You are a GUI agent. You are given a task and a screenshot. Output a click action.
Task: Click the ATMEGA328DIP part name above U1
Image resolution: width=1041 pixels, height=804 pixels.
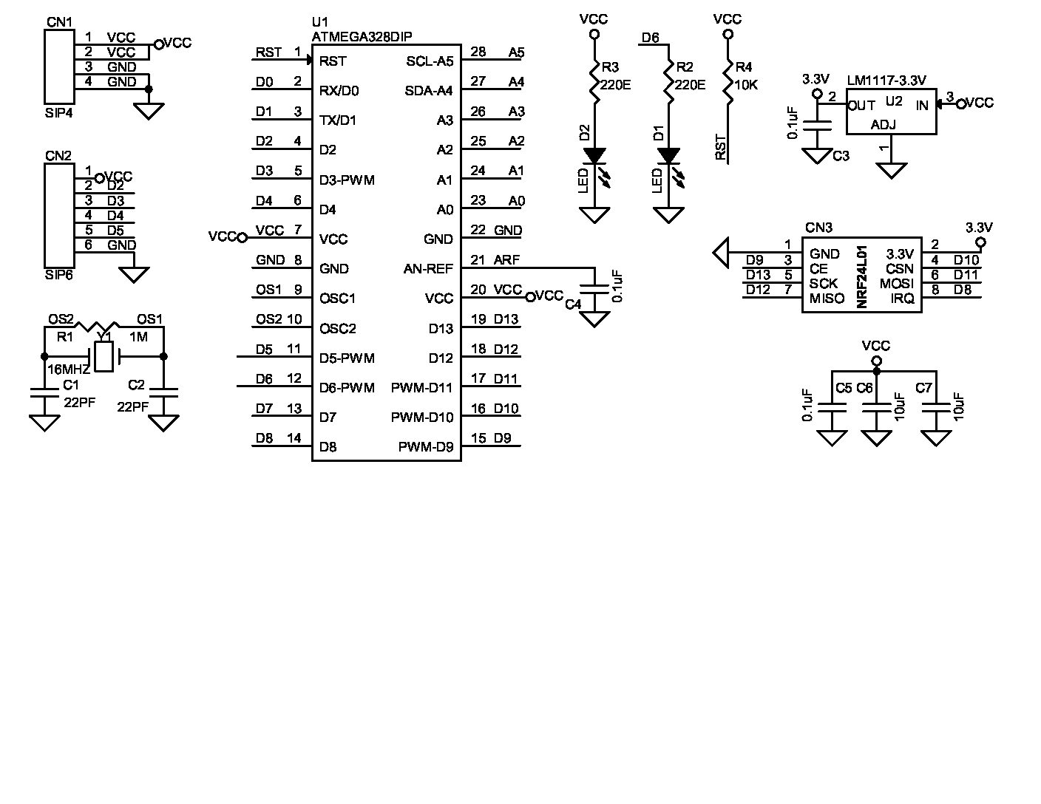click(362, 36)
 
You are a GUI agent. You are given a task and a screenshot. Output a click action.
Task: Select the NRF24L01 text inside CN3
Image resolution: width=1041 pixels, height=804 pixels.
click(861, 276)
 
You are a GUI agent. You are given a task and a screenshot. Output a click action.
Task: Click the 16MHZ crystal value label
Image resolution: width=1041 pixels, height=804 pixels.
click(68, 369)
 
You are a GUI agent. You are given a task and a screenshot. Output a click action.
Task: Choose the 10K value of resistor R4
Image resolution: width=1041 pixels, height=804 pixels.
click(746, 85)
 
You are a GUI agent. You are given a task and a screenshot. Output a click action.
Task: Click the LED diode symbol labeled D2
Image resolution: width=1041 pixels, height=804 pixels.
click(594, 157)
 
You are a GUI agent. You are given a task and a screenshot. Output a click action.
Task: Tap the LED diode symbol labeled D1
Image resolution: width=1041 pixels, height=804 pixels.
click(668, 157)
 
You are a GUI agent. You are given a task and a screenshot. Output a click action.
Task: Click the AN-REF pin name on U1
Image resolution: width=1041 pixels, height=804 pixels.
click(428, 269)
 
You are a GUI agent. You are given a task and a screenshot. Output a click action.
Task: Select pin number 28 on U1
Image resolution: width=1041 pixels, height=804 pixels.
click(478, 52)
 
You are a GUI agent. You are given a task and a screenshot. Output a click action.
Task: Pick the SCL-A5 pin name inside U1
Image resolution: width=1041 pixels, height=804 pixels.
click(430, 61)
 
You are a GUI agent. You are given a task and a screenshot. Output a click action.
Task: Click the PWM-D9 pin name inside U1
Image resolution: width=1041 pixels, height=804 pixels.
click(426, 447)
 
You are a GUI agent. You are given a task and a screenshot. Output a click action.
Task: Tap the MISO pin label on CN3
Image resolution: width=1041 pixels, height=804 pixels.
click(827, 299)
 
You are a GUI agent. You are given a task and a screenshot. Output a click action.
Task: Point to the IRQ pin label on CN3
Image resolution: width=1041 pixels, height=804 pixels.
click(902, 299)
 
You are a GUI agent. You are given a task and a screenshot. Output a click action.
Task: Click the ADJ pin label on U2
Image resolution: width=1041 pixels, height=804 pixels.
click(883, 124)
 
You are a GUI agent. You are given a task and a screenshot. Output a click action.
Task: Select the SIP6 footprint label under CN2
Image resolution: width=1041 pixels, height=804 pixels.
click(59, 275)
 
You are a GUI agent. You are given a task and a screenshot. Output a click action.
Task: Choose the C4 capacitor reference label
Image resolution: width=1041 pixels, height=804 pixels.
click(573, 304)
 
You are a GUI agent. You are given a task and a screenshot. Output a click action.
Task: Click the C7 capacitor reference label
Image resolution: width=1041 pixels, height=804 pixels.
click(923, 388)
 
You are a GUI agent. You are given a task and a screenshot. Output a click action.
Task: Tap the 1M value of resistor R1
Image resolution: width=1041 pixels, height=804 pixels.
click(138, 337)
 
